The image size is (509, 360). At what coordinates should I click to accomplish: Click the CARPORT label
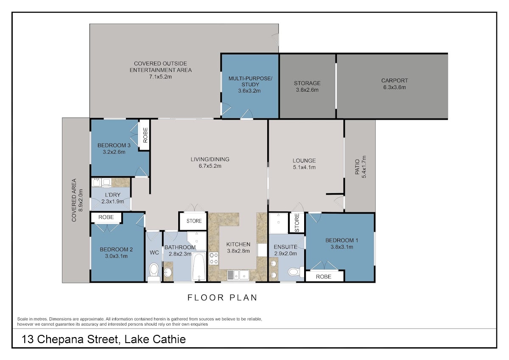pos(394,81)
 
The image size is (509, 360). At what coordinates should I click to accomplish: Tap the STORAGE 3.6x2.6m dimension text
pos(307,90)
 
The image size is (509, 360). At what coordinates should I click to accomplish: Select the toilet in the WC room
pos(154,272)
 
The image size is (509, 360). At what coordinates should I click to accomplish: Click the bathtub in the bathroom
pos(199,266)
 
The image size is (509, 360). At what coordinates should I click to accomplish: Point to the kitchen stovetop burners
pos(214,259)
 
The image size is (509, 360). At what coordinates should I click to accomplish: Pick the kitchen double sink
pos(238,275)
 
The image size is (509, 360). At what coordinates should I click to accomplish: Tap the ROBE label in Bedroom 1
pos(324,276)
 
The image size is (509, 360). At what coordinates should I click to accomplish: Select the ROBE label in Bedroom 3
pos(145,135)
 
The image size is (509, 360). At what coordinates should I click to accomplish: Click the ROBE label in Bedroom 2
pos(106,217)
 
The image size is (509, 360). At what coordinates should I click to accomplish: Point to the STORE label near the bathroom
pos(194,221)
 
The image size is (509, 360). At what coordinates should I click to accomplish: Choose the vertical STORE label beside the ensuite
pos(297,223)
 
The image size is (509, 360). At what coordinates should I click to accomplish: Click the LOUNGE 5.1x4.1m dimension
pos(304,167)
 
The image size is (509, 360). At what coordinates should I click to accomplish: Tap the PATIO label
pos(357,167)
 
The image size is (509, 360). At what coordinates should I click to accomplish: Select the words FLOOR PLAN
pos(222,298)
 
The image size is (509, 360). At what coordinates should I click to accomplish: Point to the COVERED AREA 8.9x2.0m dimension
pos(81,200)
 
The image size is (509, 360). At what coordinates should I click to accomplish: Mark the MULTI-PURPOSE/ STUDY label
pos(250,82)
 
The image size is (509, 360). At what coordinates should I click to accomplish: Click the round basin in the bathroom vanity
pos(168,273)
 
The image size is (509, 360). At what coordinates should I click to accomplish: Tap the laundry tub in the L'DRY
pos(96,183)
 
